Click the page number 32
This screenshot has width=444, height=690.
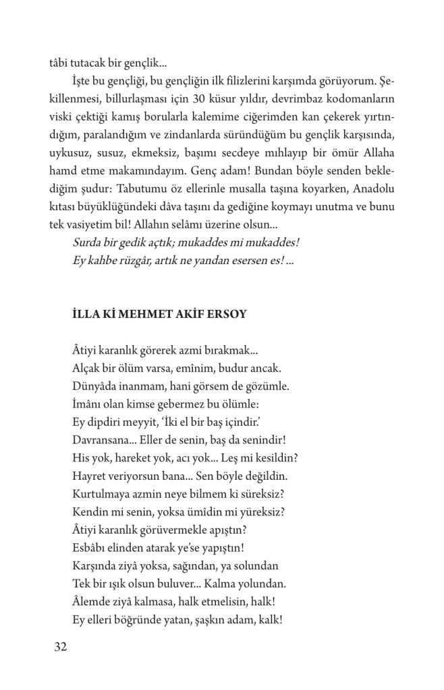tap(59, 648)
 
